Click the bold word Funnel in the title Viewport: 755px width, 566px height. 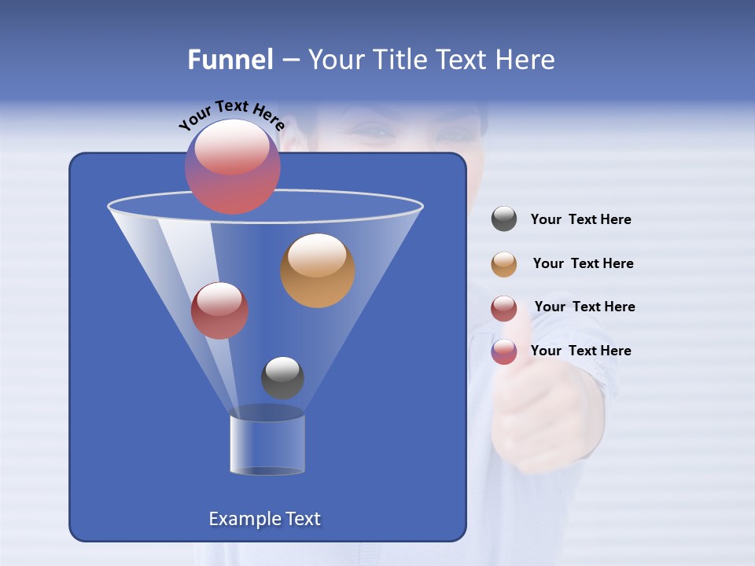(230, 60)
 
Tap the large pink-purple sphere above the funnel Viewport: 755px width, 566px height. (233, 167)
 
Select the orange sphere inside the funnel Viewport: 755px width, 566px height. (318, 270)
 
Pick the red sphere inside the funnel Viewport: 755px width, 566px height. (220, 311)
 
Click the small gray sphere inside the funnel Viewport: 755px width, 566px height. (282, 378)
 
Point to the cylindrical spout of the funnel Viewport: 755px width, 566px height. (267, 444)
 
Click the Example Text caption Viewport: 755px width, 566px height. (264, 519)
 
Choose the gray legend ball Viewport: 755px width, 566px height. (504, 219)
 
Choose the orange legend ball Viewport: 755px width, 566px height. (504, 264)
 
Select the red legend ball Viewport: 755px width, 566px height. (504, 308)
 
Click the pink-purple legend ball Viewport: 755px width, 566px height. (504, 351)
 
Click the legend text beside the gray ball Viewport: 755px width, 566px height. (580, 220)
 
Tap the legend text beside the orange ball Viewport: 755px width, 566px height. (583, 264)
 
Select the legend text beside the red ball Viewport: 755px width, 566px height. (584, 307)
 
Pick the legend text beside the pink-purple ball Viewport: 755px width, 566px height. (580, 351)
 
